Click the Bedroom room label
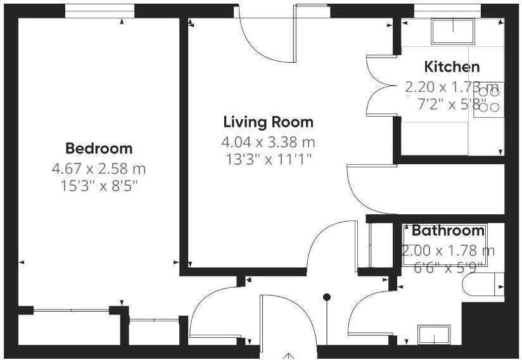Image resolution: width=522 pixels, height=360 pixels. [99, 148]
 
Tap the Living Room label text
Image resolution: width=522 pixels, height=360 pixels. [268, 122]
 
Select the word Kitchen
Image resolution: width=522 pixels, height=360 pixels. [452, 67]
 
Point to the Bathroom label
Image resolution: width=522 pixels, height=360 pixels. [448, 231]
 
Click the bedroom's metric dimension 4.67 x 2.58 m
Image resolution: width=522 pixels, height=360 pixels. [99, 169]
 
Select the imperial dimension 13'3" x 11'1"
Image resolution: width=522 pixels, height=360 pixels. [268, 158]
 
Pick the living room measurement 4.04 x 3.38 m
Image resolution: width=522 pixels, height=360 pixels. [268, 141]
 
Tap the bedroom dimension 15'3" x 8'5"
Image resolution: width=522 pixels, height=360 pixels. [99, 186]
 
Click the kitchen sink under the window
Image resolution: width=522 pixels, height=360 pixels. [452, 31]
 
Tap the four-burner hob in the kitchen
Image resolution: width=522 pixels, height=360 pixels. [489, 100]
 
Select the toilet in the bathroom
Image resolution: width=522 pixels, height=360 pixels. [484, 284]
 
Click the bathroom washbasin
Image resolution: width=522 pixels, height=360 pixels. [434, 334]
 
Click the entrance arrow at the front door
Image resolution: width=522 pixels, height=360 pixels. [289, 355]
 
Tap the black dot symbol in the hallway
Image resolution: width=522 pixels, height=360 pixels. [327, 297]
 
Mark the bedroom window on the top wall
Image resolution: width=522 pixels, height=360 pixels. [99, 11]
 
